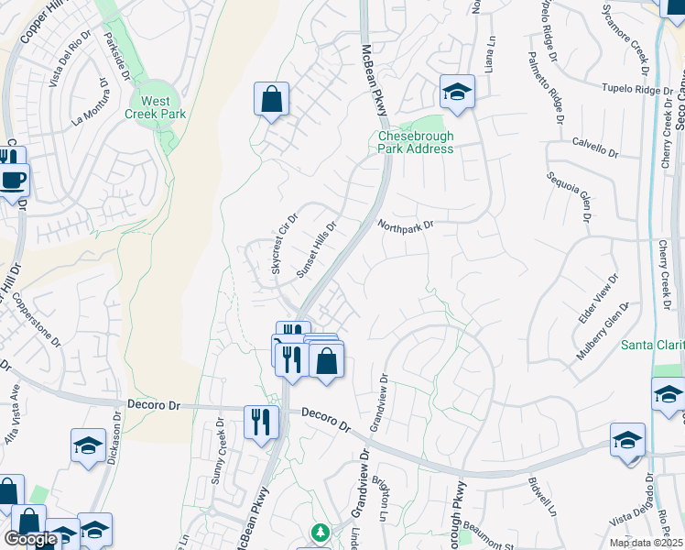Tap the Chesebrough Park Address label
point(416,142)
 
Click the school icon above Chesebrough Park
point(456,91)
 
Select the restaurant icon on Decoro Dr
point(261,422)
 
